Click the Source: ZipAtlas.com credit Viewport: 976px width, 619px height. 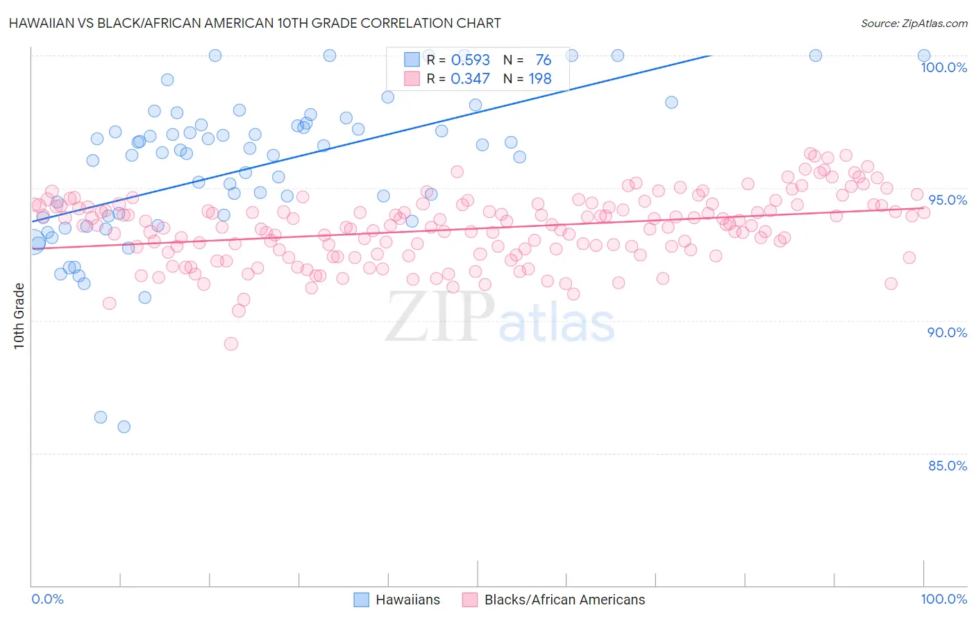[914, 23]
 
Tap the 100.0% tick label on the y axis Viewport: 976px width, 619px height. [943, 67]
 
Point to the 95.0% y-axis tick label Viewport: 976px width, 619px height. [948, 200]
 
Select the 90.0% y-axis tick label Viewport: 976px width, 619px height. [947, 332]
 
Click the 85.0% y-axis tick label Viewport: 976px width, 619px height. [948, 466]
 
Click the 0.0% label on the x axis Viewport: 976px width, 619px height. [47, 599]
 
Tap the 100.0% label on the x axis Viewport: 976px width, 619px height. [943, 599]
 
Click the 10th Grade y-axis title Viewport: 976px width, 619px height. [19, 316]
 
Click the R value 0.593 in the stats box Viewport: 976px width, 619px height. [470, 60]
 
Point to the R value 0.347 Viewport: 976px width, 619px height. [470, 79]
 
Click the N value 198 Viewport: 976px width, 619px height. [540, 79]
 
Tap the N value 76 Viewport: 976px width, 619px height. [543, 60]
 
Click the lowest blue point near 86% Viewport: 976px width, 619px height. [124, 427]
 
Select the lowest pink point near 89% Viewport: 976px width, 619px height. [231, 344]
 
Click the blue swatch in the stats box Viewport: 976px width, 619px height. [412, 60]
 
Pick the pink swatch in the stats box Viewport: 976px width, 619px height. [412, 78]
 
